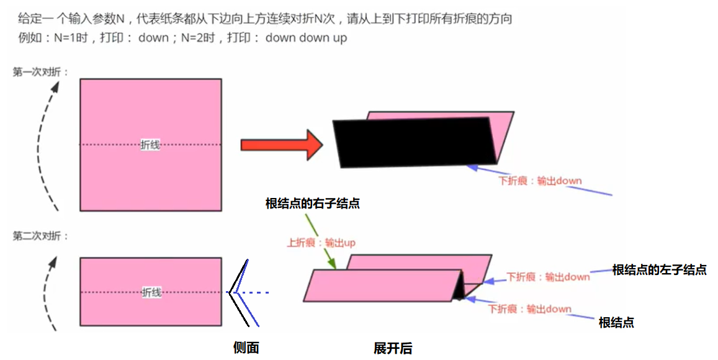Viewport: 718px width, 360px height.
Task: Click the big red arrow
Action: [x=279, y=145]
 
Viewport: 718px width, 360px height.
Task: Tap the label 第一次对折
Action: [x=41, y=72]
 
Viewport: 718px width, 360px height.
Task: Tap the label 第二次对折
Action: [x=41, y=236]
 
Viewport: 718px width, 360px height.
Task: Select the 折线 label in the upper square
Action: [x=150, y=145]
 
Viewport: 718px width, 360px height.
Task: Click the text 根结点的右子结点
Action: [x=312, y=204]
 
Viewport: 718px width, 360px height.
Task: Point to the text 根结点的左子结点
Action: [x=659, y=269]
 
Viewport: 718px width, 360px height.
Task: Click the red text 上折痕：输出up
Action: [x=320, y=243]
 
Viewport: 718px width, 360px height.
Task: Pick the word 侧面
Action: [x=246, y=348]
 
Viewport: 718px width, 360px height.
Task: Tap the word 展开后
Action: [x=393, y=348]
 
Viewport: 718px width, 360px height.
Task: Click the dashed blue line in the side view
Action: [x=254, y=292]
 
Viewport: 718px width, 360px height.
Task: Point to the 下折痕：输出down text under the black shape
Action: [x=540, y=181]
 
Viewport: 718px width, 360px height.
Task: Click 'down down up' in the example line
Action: [x=306, y=38]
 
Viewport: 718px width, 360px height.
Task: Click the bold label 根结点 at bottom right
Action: [x=616, y=322]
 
